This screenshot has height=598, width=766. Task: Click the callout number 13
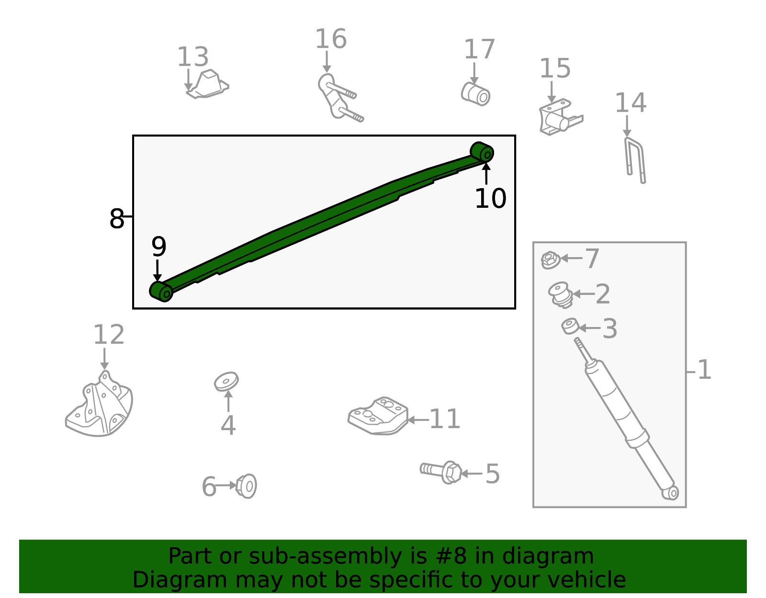pos(192,56)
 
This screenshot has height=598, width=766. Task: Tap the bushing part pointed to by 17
pos(475,94)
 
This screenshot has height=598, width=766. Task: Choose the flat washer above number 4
pos(226,382)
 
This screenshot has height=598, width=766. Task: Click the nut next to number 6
pos(246,486)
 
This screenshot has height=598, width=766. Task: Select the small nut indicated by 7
pos(550,260)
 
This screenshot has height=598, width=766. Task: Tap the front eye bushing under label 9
pos(161,292)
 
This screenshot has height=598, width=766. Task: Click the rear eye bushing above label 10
pos(482,152)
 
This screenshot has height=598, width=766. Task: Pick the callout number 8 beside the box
pos(117,219)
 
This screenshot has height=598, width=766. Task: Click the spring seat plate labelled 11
pos(378,416)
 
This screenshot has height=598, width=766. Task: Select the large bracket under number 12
pos(99,405)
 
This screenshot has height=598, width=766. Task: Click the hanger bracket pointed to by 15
pos(560,117)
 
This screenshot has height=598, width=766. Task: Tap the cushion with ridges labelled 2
pos(561,294)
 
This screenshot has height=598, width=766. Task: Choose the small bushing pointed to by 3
pos(570,326)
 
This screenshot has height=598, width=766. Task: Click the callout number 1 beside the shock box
pos(704,370)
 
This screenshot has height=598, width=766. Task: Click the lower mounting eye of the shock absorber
pos(670,493)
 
